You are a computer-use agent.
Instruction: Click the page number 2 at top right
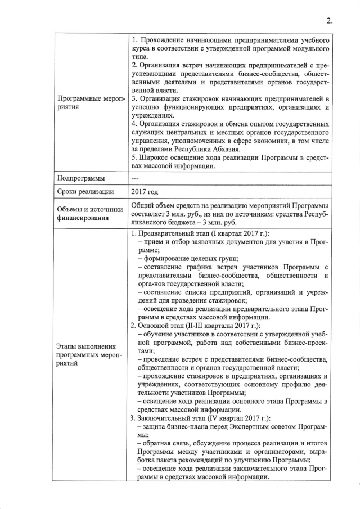click(330, 21)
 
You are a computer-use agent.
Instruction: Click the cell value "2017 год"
click(144, 192)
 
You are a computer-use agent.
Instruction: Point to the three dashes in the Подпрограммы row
click(134, 178)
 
